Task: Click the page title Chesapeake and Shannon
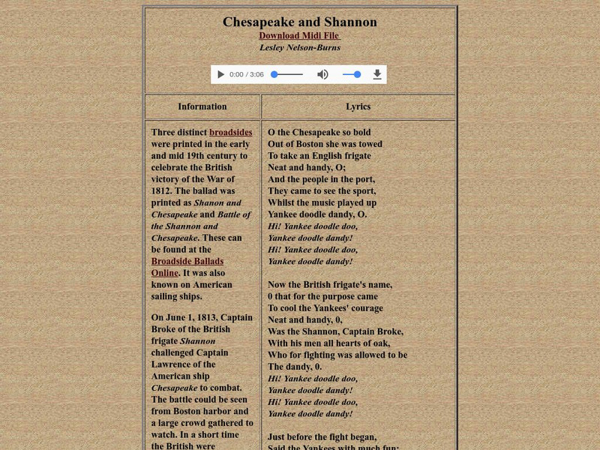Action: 300,22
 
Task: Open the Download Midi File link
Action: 300,36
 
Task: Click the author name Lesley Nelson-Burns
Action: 300,47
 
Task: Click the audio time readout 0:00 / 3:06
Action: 247,74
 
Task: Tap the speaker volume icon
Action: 322,74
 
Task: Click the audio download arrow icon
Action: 377,74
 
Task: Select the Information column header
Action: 202,106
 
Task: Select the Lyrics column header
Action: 358,106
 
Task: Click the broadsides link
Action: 231,132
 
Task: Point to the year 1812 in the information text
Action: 164,190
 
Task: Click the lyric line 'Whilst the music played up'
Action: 322,202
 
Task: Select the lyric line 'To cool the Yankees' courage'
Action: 325,308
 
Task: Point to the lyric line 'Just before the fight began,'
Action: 322,436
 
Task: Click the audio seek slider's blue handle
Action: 274,74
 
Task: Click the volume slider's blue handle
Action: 357,74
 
